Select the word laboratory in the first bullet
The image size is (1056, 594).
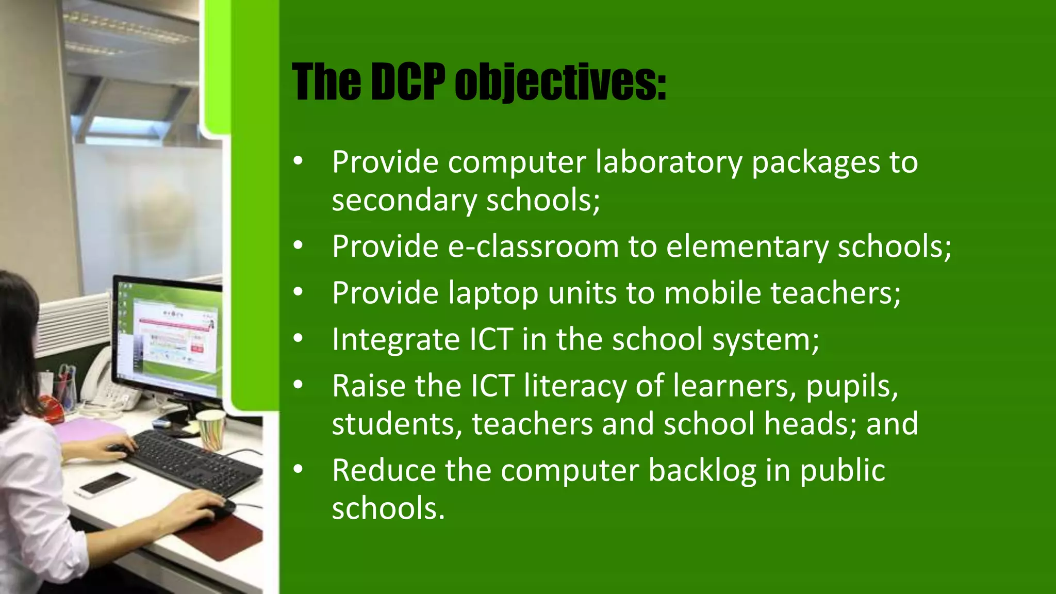pyautogui.click(x=668, y=162)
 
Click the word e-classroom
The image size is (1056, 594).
pyautogui.click(x=533, y=246)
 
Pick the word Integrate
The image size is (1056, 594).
pyautogui.click(x=396, y=340)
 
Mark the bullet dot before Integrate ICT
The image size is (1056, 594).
pyautogui.click(x=298, y=339)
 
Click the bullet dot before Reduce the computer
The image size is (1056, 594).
pyautogui.click(x=298, y=470)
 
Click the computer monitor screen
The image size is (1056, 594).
pyautogui.click(x=170, y=335)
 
